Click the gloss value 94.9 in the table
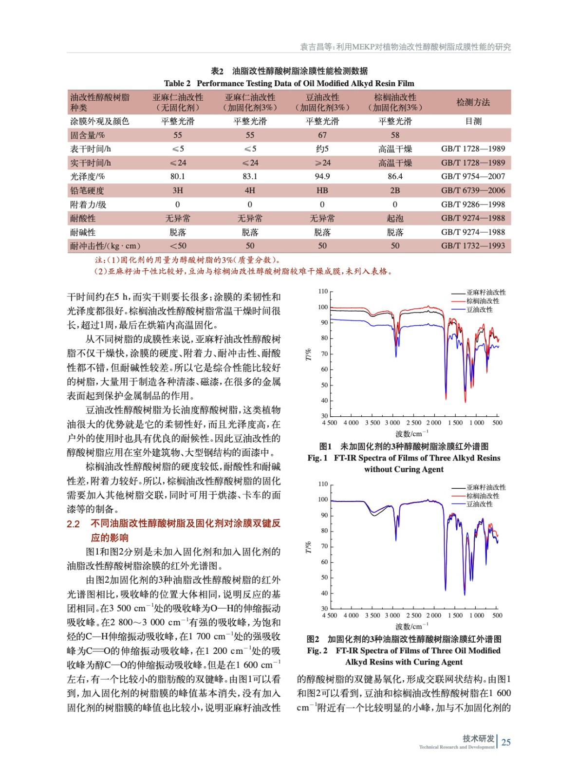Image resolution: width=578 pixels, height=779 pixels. [x=322, y=176]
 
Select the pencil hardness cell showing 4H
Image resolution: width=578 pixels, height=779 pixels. [x=250, y=190]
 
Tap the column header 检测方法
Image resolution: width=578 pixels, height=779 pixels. [x=473, y=102]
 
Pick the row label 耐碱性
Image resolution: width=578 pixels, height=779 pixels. [x=83, y=232]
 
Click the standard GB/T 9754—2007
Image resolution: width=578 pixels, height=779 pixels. [x=473, y=176]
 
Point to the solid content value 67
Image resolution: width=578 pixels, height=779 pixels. [x=322, y=135]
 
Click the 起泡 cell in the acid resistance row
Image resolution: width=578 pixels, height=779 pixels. [x=395, y=218]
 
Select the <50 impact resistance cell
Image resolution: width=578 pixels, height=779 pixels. [x=178, y=246]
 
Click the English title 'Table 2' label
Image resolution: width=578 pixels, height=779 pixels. [x=177, y=83]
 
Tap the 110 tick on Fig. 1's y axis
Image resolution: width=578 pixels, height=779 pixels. [x=323, y=291]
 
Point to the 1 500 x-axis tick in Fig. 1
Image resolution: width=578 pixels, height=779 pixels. [x=455, y=423]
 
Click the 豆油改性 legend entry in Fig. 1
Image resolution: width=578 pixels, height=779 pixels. [x=480, y=310]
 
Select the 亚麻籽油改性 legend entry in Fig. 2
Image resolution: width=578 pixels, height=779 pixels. [x=486, y=487]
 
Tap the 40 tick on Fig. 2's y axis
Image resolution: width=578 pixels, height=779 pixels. [x=324, y=593]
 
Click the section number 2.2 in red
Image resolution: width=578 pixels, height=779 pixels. [x=73, y=524]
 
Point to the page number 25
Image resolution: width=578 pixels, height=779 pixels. [x=506, y=742]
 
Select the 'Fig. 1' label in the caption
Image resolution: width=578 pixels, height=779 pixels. [x=317, y=458]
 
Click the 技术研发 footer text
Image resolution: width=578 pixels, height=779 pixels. [x=478, y=739]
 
